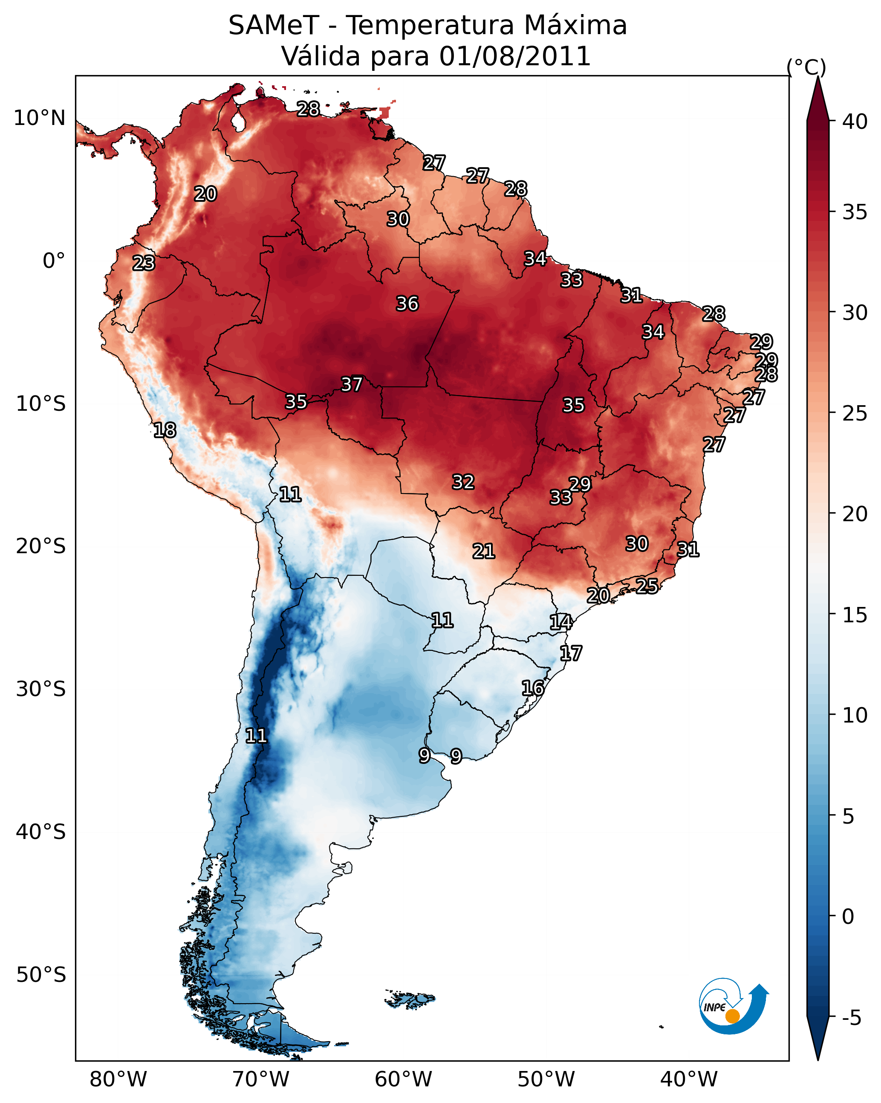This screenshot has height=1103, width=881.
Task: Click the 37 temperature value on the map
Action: [352, 384]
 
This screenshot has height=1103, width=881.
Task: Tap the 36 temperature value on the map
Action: [407, 304]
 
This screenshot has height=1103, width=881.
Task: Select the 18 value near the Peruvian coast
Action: [165, 430]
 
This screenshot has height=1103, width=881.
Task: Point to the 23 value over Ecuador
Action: [144, 263]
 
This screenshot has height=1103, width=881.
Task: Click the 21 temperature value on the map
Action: [484, 551]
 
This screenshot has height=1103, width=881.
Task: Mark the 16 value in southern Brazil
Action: [533, 688]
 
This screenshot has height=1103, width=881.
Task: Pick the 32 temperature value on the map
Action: [463, 482]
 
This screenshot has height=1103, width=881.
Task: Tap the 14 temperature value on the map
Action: [561, 622]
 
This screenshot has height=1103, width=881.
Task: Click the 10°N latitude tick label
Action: [39, 118]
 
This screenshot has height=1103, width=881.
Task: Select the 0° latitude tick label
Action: [54, 261]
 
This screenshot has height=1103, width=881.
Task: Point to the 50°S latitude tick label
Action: [41, 975]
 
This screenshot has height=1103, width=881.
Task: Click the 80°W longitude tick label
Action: [118, 1080]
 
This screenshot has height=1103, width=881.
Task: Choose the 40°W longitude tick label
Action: [689, 1080]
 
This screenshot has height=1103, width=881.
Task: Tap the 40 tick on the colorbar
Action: [855, 122]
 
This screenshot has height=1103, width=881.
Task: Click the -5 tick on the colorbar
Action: [851, 1018]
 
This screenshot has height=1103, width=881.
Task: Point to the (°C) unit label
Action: [806, 67]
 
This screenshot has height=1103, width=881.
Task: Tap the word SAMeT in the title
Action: [274, 26]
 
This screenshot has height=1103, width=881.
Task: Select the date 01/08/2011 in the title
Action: [515, 56]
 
